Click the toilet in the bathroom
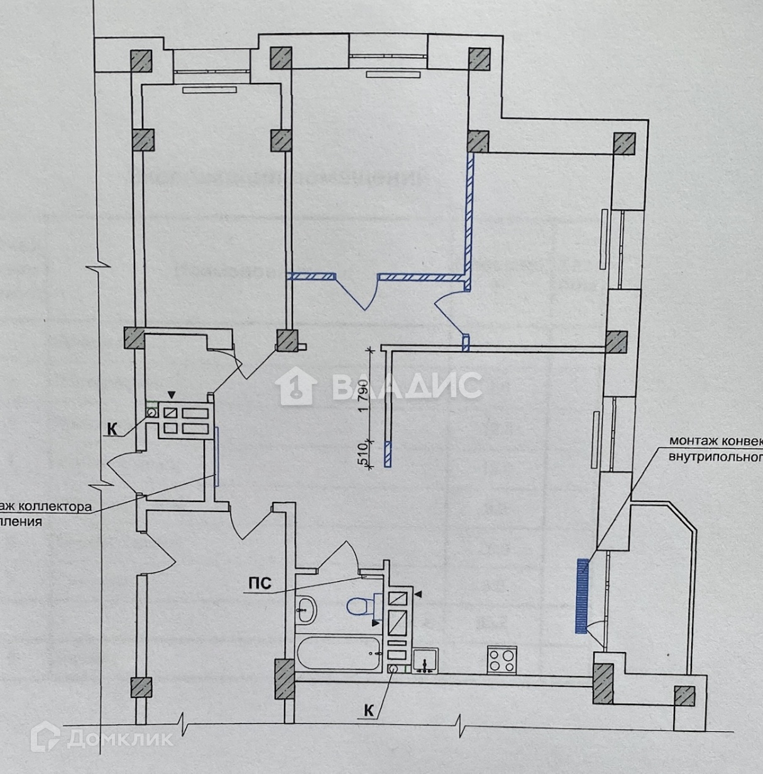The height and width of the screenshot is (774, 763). (356, 607)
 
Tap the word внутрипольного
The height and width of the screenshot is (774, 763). (713, 457)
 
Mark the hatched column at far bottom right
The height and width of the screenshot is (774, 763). (684, 697)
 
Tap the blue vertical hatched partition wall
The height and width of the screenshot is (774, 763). (469, 223)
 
